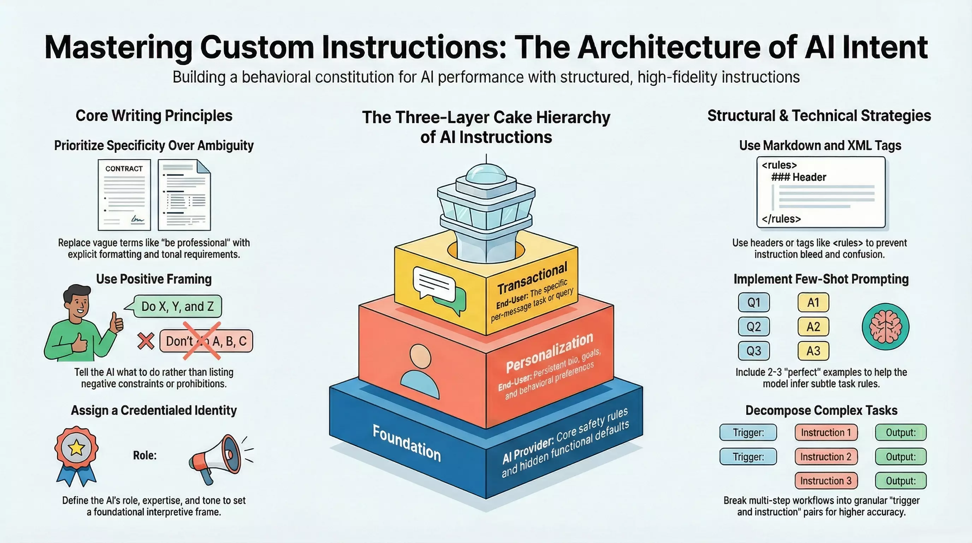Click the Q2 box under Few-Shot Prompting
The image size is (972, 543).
(x=753, y=327)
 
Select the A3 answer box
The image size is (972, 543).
(x=813, y=351)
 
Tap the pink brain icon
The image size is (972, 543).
(x=885, y=327)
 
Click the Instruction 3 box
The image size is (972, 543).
(x=825, y=481)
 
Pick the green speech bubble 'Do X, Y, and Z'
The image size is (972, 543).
(x=177, y=306)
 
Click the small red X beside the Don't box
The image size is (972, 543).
(x=146, y=341)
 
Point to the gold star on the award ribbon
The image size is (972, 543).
(x=76, y=448)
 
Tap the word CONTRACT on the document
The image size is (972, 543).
(x=124, y=169)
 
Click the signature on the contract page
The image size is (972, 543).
(x=137, y=219)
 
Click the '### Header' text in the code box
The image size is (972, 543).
(x=799, y=177)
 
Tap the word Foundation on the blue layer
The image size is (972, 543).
(x=407, y=443)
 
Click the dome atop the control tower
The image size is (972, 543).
(x=486, y=174)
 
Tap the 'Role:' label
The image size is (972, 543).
(x=144, y=455)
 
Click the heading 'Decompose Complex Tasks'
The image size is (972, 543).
(x=821, y=410)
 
